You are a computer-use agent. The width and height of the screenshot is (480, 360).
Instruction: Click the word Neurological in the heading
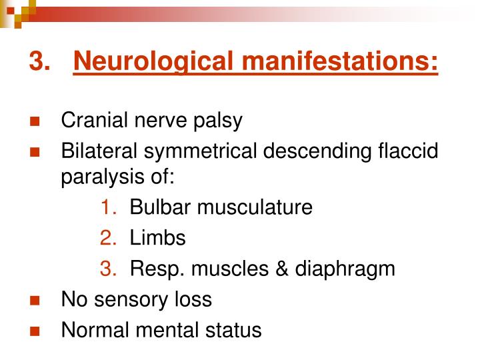tap(154, 61)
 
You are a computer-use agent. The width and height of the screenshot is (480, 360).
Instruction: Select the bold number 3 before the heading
tap(39, 60)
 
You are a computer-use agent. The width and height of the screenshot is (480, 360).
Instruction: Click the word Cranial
tap(94, 120)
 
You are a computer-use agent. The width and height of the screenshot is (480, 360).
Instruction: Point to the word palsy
tap(218, 121)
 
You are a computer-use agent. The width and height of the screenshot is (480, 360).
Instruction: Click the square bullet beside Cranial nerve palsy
tap(35, 121)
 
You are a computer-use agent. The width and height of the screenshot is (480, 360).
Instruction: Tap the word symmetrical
tap(201, 152)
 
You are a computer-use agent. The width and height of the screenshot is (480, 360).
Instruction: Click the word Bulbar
tap(160, 207)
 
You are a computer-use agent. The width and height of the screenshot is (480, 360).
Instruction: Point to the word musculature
tap(255, 207)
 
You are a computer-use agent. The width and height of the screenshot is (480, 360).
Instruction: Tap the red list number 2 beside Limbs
tap(108, 238)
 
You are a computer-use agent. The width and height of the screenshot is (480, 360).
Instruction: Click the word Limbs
tap(157, 238)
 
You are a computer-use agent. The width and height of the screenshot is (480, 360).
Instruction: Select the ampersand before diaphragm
tap(281, 269)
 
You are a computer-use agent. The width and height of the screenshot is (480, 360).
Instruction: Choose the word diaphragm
tap(345, 270)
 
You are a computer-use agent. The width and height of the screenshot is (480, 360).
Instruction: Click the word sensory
tap(131, 300)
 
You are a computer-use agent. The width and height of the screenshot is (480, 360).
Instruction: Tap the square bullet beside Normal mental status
tap(35, 331)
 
